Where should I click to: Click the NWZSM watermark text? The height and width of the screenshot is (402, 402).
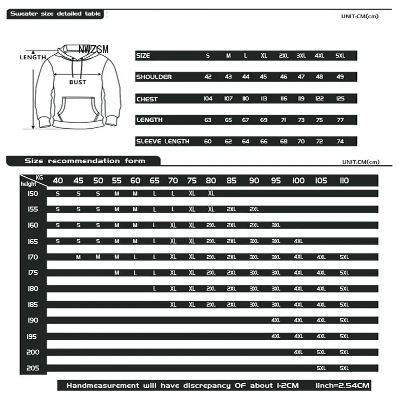(93, 50)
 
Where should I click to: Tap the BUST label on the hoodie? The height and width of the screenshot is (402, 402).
(78, 82)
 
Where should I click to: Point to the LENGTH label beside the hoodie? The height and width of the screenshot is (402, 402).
(33, 57)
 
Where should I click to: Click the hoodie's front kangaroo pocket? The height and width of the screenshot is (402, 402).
(78, 108)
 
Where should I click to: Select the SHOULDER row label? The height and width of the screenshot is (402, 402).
(154, 77)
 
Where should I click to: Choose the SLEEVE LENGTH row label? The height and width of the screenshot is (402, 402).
(162, 141)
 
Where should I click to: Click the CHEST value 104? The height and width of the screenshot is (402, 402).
(208, 98)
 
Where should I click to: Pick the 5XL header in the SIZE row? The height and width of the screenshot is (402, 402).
(341, 56)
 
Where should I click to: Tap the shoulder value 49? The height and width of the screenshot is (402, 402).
(340, 77)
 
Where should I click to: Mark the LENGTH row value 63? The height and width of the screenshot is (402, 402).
(208, 120)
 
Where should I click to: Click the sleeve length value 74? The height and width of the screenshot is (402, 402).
(340, 141)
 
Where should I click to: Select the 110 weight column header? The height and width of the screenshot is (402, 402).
(344, 181)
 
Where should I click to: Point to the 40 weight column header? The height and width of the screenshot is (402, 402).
(58, 181)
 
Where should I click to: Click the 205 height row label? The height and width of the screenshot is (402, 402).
(33, 368)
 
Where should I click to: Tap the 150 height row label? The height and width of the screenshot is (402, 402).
(33, 193)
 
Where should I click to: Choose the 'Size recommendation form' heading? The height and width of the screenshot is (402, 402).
(85, 161)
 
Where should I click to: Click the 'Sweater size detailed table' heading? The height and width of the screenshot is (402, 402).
(56, 14)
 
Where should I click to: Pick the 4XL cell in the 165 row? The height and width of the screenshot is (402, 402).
(298, 241)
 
